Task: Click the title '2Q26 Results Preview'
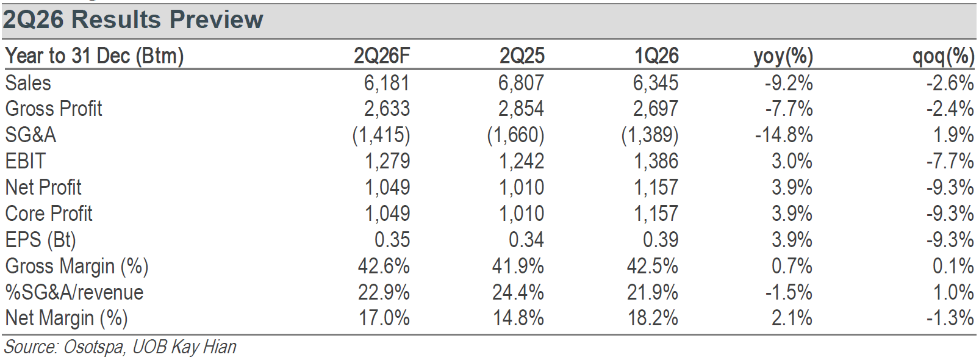133,20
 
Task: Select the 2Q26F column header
382,56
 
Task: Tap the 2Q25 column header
522,56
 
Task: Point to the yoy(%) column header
783,57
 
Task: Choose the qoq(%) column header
944,57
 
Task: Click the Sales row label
28,82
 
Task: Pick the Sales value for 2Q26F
387,82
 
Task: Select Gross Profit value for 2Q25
522,109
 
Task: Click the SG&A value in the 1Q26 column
650,135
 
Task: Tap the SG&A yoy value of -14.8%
784,135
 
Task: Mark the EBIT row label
26,161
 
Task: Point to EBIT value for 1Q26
656,161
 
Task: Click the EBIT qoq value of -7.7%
950,161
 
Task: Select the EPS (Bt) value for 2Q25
526,240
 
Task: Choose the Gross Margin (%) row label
77,267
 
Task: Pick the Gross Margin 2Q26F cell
384,266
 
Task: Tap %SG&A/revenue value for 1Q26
653,292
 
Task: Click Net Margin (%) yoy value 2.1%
792,318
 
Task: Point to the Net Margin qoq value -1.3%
950,318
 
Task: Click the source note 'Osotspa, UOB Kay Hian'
149,347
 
